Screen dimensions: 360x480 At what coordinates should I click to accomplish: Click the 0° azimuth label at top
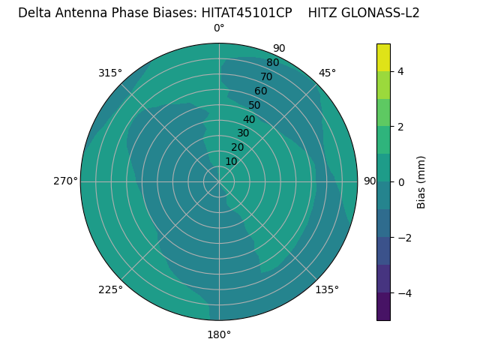click(219, 28)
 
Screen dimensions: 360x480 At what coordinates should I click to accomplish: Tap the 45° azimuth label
click(327, 73)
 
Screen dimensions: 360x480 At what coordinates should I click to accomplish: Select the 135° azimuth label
click(327, 289)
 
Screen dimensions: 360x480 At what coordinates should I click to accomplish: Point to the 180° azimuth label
click(219, 334)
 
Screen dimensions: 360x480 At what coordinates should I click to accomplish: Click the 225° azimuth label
click(110, 289)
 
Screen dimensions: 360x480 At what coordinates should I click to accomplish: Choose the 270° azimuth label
click(65, 181)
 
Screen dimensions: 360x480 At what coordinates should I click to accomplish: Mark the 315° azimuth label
click(110, 73)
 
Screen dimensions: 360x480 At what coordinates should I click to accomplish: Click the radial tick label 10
click(231, 161)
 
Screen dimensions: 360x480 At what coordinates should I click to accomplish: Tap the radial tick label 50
click(254, 105)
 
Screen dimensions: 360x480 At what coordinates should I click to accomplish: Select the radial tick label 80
click(272, 62)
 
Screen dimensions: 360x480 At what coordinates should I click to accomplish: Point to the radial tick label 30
click(243, 133)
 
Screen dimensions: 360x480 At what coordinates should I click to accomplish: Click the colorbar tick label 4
click(400, 71)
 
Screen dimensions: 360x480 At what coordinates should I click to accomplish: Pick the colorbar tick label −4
click(403, 292)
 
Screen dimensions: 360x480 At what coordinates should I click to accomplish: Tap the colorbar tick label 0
click(400, 181)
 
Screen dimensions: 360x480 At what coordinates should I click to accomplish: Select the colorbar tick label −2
click(403, 237)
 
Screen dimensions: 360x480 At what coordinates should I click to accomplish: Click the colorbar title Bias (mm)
click(421, 181)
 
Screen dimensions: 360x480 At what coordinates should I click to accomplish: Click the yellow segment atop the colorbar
click(383, 57)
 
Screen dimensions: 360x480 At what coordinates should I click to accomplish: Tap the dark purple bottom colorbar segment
click(383, 306)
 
